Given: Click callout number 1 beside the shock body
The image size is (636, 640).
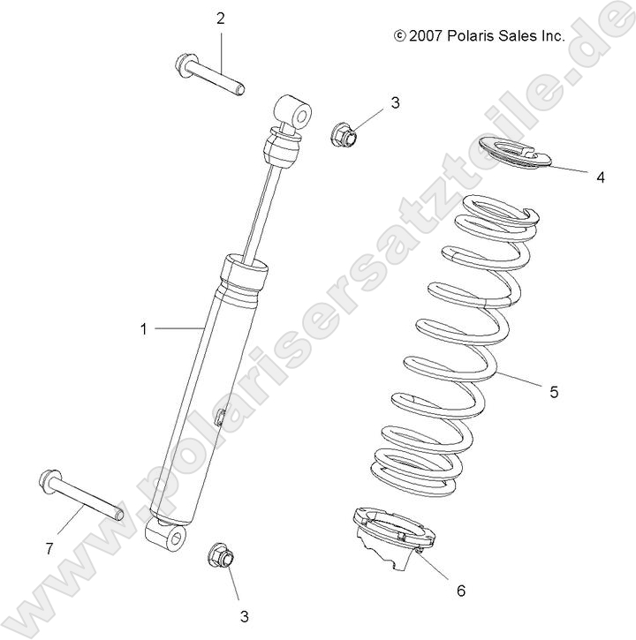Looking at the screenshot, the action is pos(142,329).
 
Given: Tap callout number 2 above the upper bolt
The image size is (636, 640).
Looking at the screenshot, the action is pos(220,18).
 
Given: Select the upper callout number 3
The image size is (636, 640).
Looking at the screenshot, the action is pos(395,102).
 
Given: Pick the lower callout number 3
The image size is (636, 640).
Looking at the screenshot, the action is pos(241,616).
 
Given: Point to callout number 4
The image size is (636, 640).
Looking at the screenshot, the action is pos(601,177).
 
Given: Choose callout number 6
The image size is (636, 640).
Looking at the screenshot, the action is pos(460,590).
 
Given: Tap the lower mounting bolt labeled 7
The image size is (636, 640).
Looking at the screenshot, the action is pos(79,497).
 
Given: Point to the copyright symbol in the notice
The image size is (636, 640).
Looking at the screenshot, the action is pos(399,36).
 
